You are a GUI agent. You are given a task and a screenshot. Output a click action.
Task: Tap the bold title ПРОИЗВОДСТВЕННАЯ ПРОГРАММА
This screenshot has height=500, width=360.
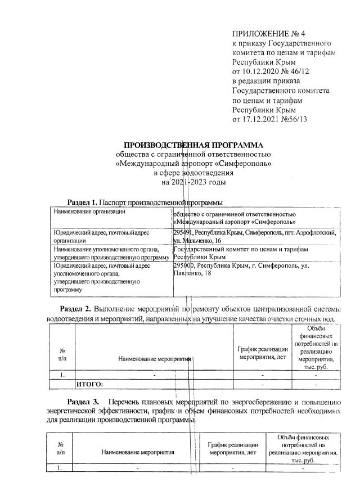pos(193,145)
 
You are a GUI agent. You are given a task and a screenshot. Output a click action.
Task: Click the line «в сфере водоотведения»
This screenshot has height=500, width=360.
pos(193,173)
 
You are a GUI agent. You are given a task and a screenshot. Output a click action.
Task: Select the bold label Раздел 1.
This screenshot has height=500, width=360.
pos(83,201)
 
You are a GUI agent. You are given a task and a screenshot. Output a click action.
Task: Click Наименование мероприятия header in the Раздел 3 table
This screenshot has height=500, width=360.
pos(138,451)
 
